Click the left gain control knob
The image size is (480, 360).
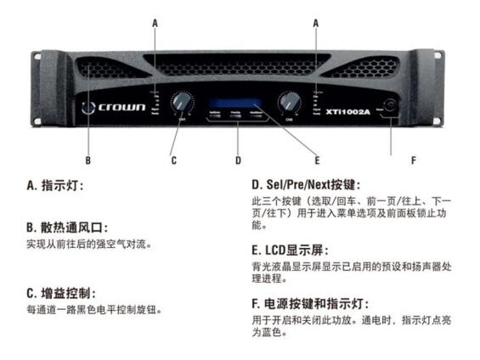[179, 103]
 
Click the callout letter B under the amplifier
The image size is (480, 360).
[87, 159]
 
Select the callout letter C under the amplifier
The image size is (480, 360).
[174, 159]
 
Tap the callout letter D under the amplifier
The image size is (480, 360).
[238, 159]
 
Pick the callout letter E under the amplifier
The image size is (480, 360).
[318, 159]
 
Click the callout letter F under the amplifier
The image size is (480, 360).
[390, 159]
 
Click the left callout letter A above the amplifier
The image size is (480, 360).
[155, 25]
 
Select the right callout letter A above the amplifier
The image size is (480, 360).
[315, 25]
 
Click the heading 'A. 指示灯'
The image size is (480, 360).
[55, 184]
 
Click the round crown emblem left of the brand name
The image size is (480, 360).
[88, 109]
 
